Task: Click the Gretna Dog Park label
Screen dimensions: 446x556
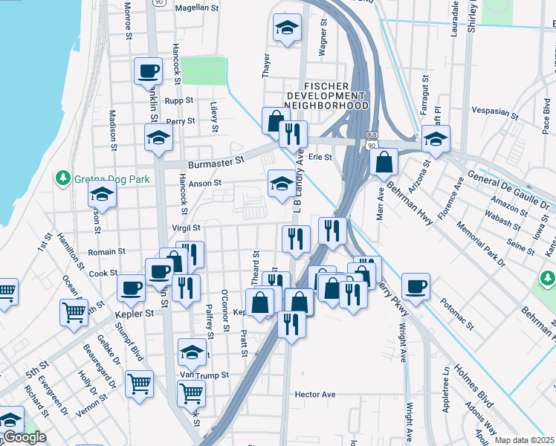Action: [111, 179]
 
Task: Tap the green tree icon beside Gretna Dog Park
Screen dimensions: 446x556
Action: [64, 179]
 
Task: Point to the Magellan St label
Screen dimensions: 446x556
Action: [200, 7]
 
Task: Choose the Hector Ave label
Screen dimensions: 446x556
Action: [315, 394]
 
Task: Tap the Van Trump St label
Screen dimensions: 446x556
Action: [204, 375]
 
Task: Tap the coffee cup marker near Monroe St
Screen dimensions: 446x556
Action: [147, 71]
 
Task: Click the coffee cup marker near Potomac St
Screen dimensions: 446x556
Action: [415, 286]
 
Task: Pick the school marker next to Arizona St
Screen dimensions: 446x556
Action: [436, 138]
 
